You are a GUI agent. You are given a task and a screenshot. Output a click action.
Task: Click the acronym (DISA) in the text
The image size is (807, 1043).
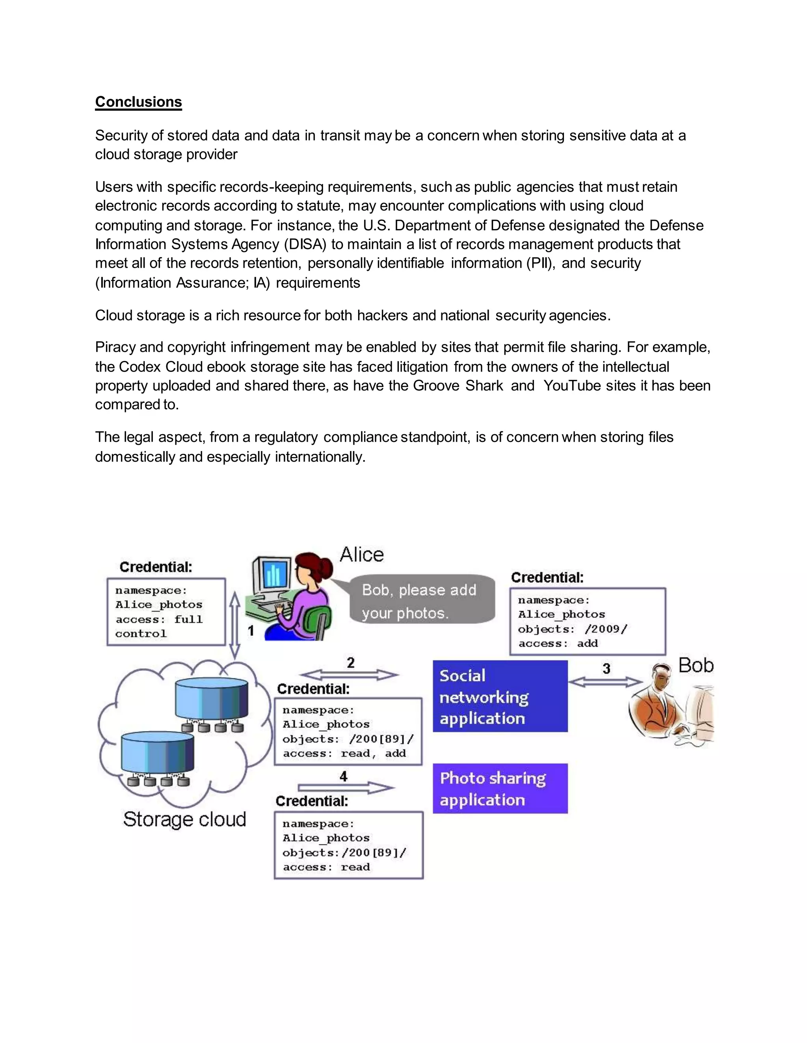point(305,244)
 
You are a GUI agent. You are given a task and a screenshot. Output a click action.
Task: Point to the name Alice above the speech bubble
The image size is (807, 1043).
point(361,555)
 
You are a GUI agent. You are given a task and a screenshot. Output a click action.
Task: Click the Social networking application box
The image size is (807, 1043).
point(500,697)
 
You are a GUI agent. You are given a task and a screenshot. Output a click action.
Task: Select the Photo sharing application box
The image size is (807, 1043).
point(500,788)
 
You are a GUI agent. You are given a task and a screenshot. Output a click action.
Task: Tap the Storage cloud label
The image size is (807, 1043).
point(184,819)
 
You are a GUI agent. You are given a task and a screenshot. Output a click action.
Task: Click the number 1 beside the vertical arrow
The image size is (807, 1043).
point(251,631)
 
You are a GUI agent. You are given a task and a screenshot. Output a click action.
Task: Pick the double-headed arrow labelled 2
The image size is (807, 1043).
point(350,675)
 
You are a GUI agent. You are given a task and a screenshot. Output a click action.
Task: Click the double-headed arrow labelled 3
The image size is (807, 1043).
point(605,682)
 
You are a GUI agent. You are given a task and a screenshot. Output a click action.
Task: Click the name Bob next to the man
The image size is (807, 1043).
point(695,665)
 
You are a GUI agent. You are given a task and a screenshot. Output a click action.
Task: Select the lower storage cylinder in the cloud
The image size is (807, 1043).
point(157,753)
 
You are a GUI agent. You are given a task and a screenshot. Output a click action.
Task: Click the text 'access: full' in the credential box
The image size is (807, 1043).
point(159,620)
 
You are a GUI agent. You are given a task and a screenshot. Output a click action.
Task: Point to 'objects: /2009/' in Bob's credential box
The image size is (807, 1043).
point(572,629)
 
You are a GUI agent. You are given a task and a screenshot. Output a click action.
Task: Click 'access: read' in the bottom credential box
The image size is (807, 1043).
point(326,867)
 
